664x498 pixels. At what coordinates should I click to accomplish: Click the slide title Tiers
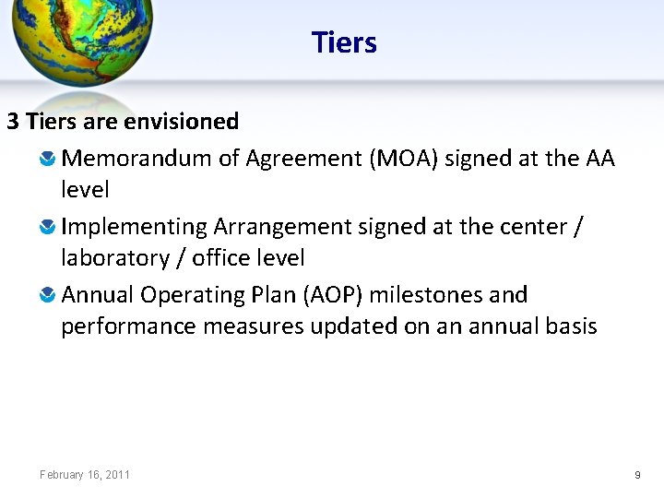[x=344, y=42]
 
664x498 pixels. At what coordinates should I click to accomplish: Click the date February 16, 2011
[x=85, y=475]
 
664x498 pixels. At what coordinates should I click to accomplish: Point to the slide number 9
[x=637, y=475]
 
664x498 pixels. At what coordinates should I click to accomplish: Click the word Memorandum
[x=136, y=159]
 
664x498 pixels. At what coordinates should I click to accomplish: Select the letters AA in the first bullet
[x=599, y=159]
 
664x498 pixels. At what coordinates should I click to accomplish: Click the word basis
[x=571, y=326]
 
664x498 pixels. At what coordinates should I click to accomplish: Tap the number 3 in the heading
[x=13, y=122]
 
